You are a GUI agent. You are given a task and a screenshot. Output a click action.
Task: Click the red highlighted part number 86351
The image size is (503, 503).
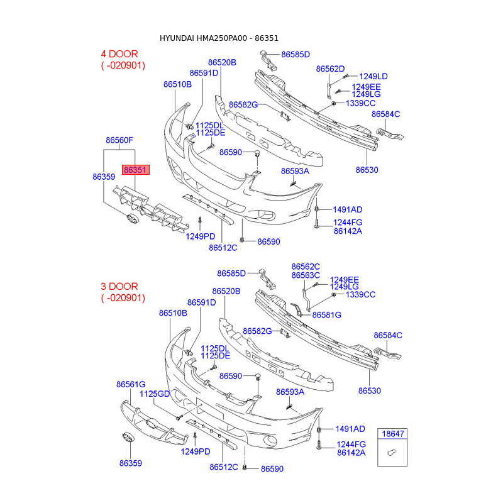(x=136, y=170)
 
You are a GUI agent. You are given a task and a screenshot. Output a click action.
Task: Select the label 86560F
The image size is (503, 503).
(x=119, y=140)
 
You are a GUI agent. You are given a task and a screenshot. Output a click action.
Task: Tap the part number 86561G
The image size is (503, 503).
(x=130, y=384)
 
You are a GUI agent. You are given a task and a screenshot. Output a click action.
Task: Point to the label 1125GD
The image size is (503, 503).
(x=155, y=394)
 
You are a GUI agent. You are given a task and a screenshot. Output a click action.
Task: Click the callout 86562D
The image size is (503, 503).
(x=330, y=69)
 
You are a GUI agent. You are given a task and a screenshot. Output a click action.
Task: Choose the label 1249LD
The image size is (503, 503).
(x=373, y=76)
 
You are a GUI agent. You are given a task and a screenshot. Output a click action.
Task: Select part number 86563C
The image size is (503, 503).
(x=306, y=275)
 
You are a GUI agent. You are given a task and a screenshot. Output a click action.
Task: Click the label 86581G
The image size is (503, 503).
(x=326, y=314)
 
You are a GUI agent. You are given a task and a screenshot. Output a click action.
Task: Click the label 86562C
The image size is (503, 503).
(x=306, y=267)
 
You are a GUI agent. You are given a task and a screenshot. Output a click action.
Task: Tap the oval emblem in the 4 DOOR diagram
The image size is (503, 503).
(x=133, y=219)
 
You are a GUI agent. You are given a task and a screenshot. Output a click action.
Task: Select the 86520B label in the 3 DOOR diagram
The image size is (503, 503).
(x=226, y=291)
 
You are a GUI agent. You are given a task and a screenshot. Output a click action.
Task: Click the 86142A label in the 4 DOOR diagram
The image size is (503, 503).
(x=348, y=231)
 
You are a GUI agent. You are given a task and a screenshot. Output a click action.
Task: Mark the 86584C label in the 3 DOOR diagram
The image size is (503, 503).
(x=388, y=335)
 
